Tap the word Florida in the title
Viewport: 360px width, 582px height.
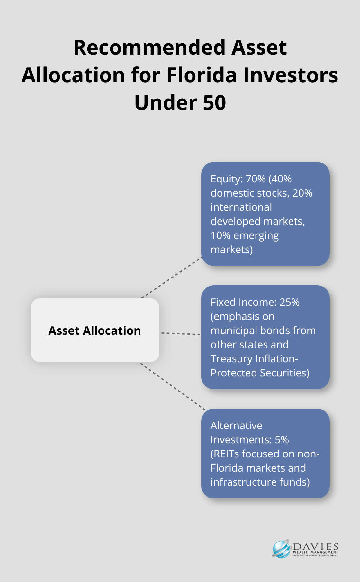(x=201, y=75)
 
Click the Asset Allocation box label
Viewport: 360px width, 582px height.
(x=94, y=331)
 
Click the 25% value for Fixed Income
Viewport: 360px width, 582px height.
(x=290, y=302)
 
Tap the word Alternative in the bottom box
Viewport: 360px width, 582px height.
(x=237, y=426)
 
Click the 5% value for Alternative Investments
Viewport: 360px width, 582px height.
(x=282, y=440)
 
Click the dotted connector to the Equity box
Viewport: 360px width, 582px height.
(x=172, y=277)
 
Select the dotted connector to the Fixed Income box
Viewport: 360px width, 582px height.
(x=181, y=334)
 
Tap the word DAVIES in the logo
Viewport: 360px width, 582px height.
(x=316, y=547)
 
